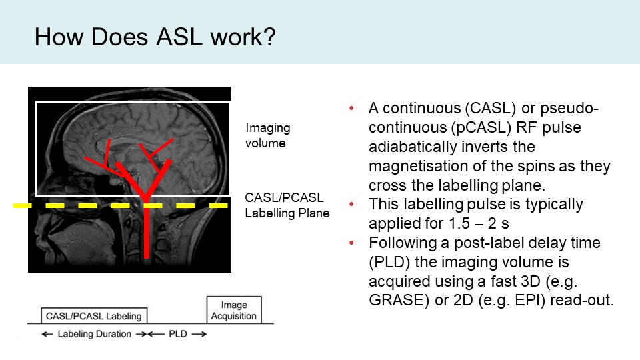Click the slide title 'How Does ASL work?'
pos(155,35)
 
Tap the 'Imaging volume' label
pos(267,135)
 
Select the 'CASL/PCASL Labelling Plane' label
pos(287,205)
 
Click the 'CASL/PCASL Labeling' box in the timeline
pos(94,316)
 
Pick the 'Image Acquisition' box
pos(234,309)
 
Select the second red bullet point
pos(352,204)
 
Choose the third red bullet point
pos(352,243)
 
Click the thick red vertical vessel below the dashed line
pos(147,233)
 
